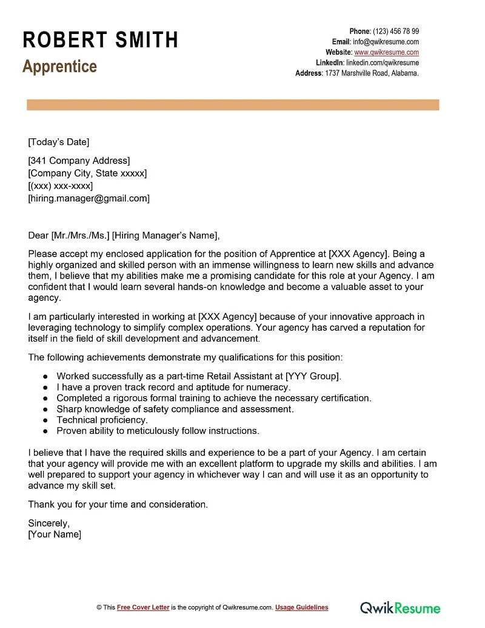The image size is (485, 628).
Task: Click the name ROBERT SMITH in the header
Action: pos(101,40)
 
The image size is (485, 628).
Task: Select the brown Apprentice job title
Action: pos(59,66)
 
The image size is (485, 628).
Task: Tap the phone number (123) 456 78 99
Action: pos(396,31)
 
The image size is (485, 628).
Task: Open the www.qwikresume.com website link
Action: pos(386,52)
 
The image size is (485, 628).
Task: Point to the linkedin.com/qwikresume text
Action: pos(383,62)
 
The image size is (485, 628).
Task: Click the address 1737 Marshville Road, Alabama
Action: pos(372,73)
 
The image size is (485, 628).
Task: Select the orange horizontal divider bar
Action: pos(233,105)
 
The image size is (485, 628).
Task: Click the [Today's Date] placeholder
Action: pos(58,142)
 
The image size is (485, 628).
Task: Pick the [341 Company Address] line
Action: pos(79,161)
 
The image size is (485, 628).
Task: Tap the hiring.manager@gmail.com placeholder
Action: pos(89,198)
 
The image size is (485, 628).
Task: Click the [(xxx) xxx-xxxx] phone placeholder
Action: pos(60,186)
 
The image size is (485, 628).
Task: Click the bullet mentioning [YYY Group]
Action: pos(199,376)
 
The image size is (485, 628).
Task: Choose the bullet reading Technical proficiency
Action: pos(102,420)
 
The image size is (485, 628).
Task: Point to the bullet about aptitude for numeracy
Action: pos(173,387)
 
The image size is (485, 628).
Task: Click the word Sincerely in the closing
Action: pos(49,522)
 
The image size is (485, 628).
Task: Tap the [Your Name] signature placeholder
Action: pos(55,534)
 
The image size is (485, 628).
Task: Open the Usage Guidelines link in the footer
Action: pos(301,607)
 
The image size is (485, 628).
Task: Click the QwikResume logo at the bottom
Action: pos(400,607)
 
